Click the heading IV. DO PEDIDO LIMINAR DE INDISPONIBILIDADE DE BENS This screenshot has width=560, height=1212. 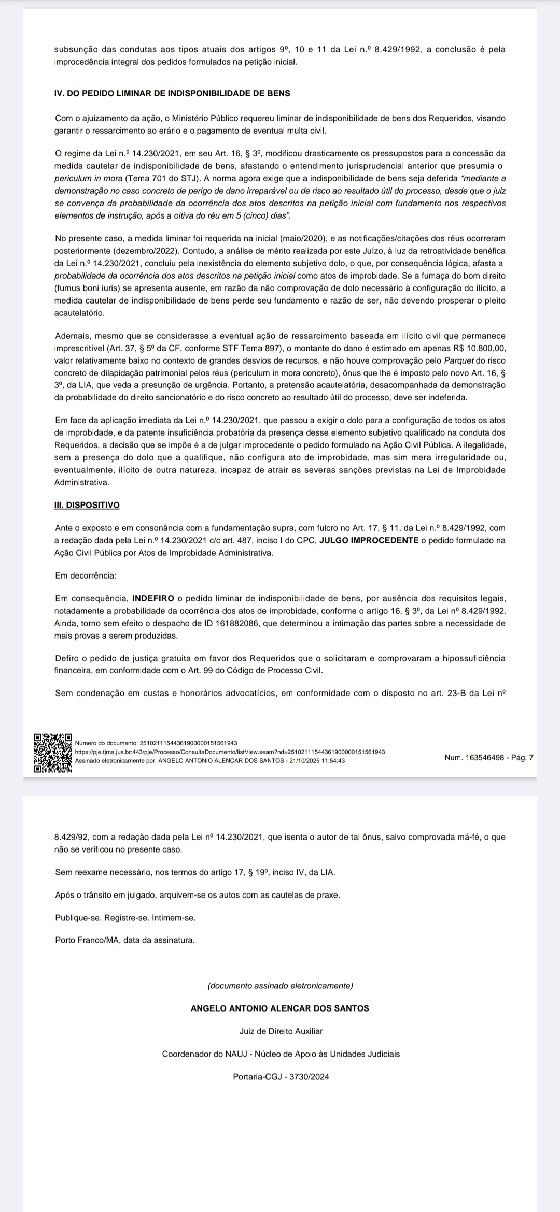point(172,93)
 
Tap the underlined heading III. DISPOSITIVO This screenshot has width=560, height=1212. point(87,505)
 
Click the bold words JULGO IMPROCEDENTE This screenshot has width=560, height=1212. point(369,540)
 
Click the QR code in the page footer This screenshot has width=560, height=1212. point(53,753)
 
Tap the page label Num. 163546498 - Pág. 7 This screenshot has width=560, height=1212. point(488,758)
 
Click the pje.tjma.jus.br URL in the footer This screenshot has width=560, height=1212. point(230,752)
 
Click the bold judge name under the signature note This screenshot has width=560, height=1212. point(280,1008)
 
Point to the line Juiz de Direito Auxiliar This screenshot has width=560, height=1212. point(281,1031)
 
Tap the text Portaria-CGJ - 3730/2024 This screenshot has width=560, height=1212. point(281,1076)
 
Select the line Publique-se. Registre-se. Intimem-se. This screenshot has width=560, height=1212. point(125,917)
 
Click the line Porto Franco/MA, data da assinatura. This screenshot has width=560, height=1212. point(124,940)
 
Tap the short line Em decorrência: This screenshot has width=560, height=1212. point(86,575)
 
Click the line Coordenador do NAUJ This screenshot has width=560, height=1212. point(281,1054)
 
